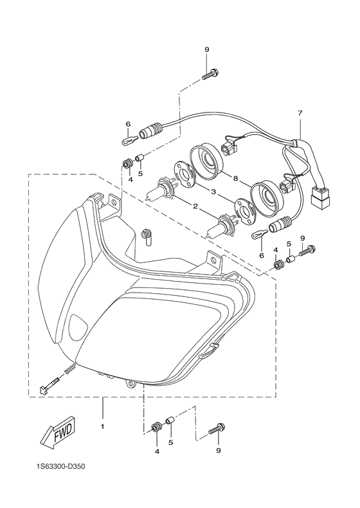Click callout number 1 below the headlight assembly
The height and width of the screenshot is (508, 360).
pos(102,425)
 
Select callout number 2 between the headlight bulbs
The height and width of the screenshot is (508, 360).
pos(193,206)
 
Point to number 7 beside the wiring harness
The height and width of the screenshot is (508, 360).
pos(300,113)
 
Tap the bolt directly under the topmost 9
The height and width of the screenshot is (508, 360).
pos(209,75)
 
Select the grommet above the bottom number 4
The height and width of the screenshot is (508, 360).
pos(156,428)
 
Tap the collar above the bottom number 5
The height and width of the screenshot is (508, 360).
pos(171,422)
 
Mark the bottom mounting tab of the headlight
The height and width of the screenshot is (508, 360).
pos(132,384)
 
